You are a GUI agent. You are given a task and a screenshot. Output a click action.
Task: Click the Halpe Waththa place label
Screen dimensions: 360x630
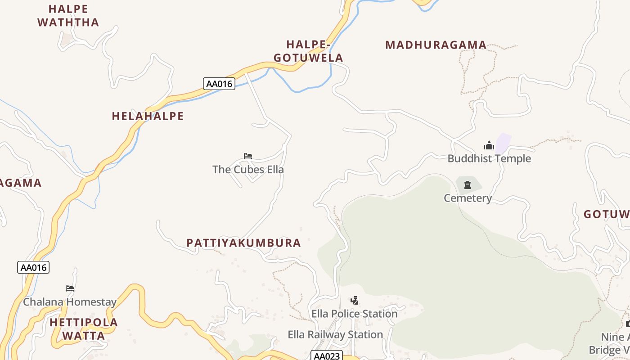click(x=68, y=16)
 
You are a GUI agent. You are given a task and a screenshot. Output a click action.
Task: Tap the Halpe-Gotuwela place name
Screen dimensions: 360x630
click(x=309, y=51)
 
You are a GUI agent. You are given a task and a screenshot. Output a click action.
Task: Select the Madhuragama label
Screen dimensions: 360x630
click(x=436, y=45)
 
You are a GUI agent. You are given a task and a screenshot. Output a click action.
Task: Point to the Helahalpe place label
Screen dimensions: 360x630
click(x=148, y=116)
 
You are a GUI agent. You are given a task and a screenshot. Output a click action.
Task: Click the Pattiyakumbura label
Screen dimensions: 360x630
click(x=243, y=243)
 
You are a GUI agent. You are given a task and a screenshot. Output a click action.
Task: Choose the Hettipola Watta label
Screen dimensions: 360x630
click(x=84, y=329)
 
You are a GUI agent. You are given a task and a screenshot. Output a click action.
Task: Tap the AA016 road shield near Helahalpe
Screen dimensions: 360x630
click(x=219, y=83)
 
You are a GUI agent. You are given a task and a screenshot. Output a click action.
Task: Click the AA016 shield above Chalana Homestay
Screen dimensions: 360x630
click(x=33, y=267)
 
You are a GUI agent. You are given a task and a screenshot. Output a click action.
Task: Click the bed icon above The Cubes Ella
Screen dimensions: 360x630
click(x=248, y=156)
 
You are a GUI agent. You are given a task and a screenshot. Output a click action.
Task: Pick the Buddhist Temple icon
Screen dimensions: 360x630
click(x=489, y=145)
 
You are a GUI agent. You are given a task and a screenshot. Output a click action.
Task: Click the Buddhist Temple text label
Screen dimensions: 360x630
click(x=489, y=158)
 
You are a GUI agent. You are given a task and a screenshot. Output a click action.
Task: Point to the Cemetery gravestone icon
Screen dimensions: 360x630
click(x=468, y=184)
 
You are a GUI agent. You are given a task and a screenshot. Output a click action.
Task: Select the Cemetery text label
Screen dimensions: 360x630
click(x=468, y=198)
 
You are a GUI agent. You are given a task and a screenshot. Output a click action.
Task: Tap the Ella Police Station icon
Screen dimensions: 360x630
click(x=355, y=300)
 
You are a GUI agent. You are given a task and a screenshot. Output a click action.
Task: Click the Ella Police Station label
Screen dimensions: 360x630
click(x=355, y=314)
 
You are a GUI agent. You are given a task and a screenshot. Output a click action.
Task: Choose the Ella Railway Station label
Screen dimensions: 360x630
click(x=335, y=335)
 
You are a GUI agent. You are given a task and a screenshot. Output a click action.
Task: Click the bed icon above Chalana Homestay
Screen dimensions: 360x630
click(x=70, y=288)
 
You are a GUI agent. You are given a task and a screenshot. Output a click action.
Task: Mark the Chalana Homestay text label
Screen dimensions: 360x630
click(x=70, y=302)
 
